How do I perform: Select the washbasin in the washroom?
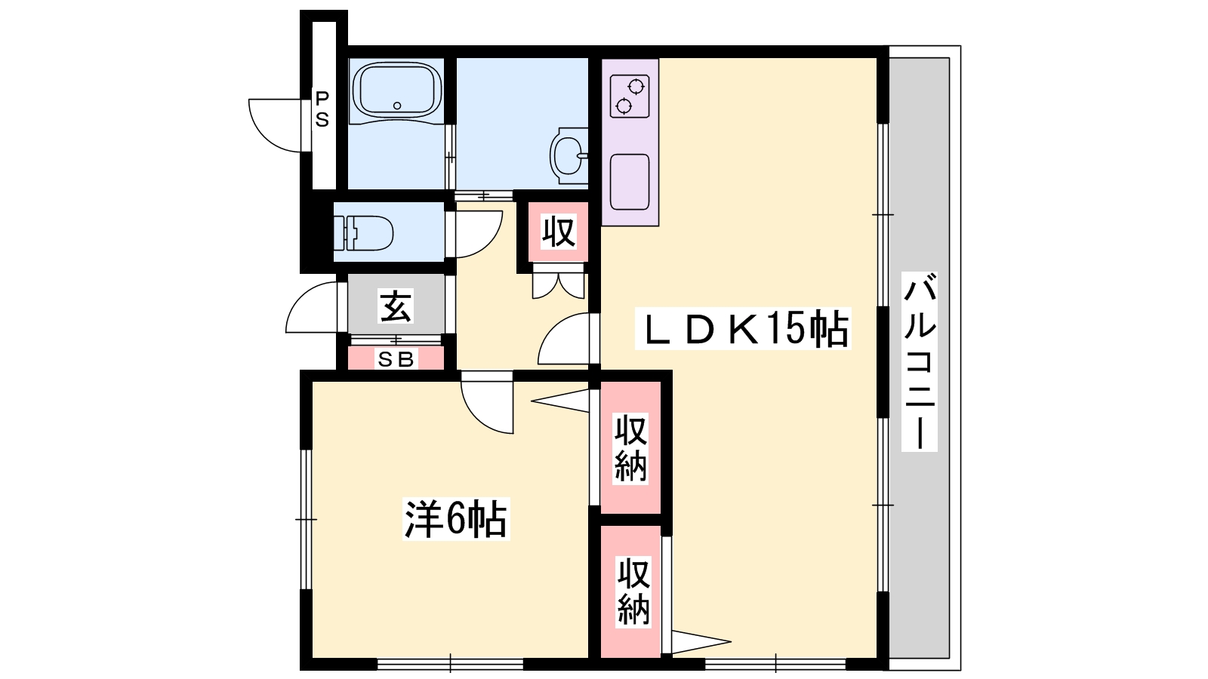(x=569, y=155)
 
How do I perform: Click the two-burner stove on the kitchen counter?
(x=630, y=97)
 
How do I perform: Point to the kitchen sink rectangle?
(x=630, y=182)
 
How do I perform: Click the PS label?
(x=322, y=109)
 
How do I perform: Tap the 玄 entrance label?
(x=396, y=306)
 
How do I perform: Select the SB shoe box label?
(x=396, y=361)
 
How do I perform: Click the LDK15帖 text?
(x=744, y=328)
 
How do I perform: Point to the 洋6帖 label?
(x=455, y=518)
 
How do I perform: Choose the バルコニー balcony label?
(x=920, y=362)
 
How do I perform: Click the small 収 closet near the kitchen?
(x=559, y=232)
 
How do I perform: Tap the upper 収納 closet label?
(x=630, y=449)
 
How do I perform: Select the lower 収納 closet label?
(x=633, y=591)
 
